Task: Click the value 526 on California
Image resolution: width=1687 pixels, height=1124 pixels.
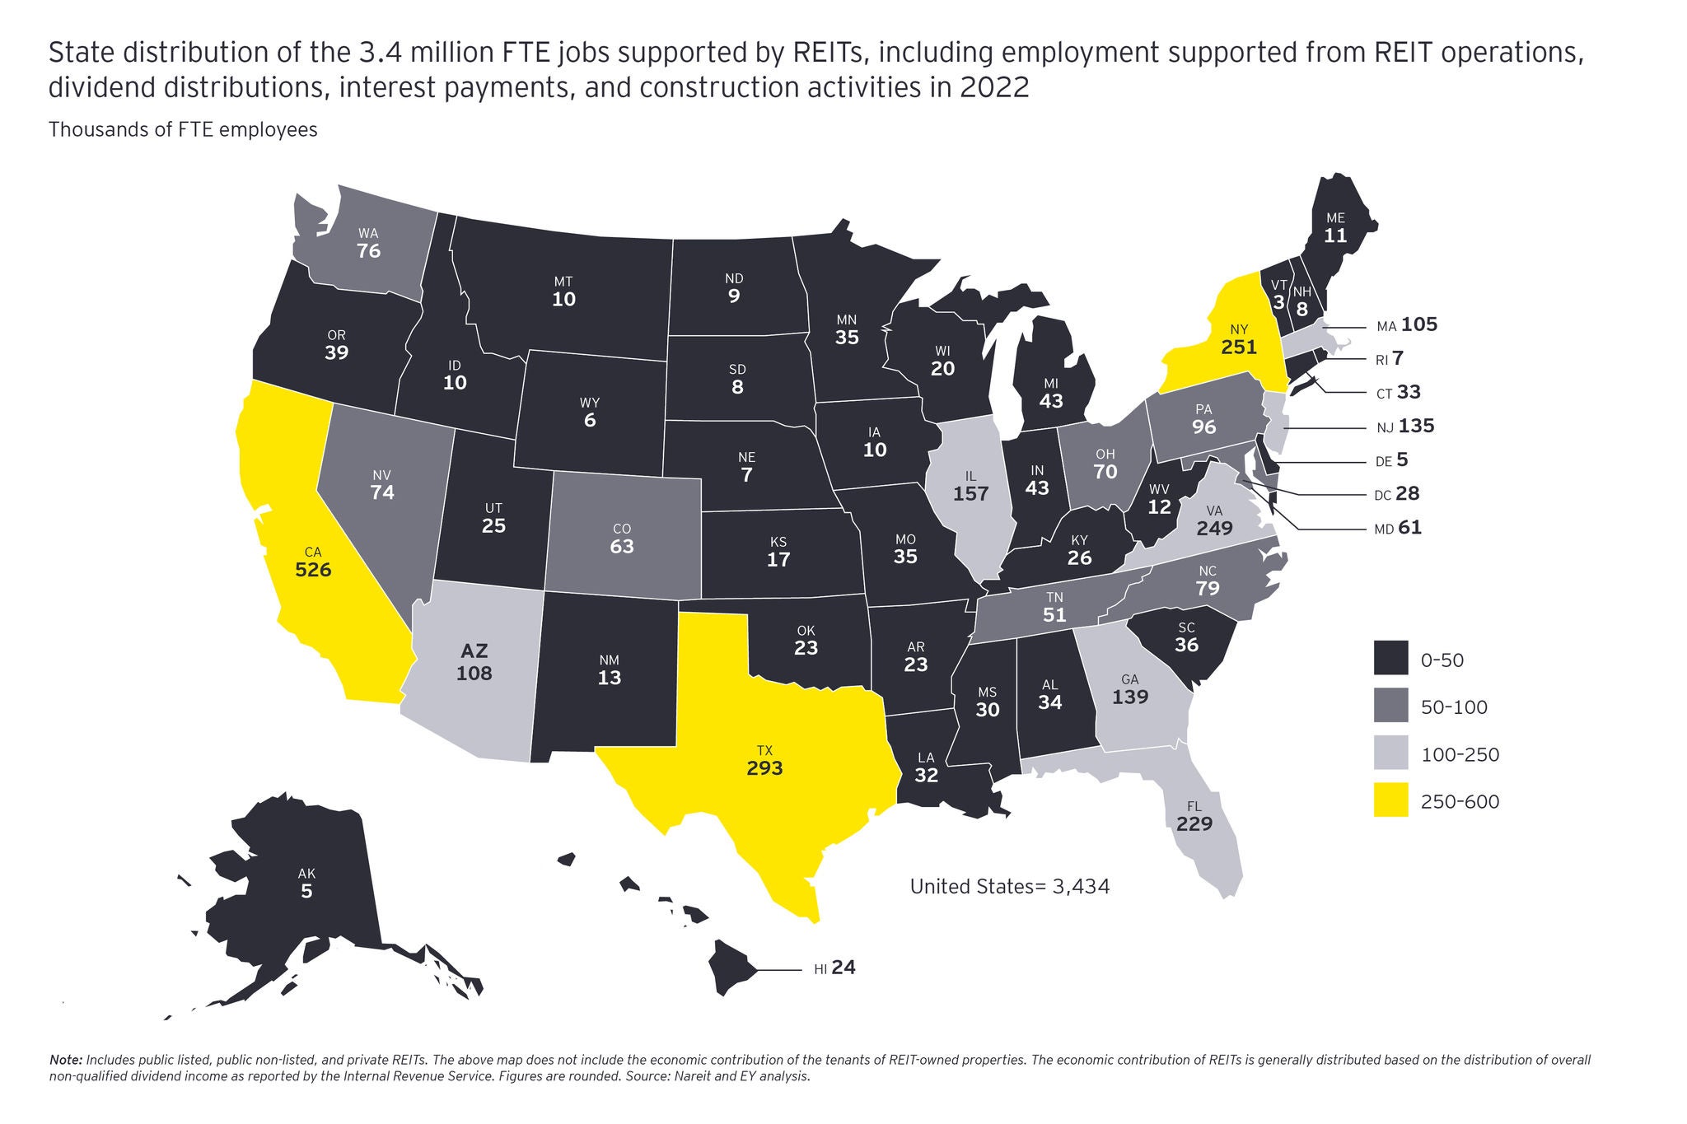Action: [312, 569]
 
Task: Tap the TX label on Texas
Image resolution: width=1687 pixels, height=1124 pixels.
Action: [764, 750]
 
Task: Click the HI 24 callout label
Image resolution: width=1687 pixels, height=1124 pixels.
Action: [834, 968]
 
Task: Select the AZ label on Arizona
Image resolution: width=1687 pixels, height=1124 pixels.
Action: [474, 651]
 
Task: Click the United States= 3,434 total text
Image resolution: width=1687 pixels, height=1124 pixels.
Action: [1009, 887]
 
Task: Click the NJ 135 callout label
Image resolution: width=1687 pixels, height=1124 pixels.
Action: [1404, 427]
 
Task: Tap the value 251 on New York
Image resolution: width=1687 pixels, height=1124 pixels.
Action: [1239, 347]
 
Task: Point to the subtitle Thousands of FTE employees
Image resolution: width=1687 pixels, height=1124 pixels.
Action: [183, 130]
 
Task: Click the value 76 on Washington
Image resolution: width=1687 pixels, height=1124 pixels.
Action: [368, 250]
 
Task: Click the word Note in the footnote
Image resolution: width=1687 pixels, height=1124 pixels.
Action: [65, 1060]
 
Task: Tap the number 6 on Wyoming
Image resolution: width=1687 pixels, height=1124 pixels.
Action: [589, 421]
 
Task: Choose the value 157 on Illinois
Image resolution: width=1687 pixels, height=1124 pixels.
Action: [970, 494]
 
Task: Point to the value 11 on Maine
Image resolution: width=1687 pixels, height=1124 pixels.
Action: [1335, 236]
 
